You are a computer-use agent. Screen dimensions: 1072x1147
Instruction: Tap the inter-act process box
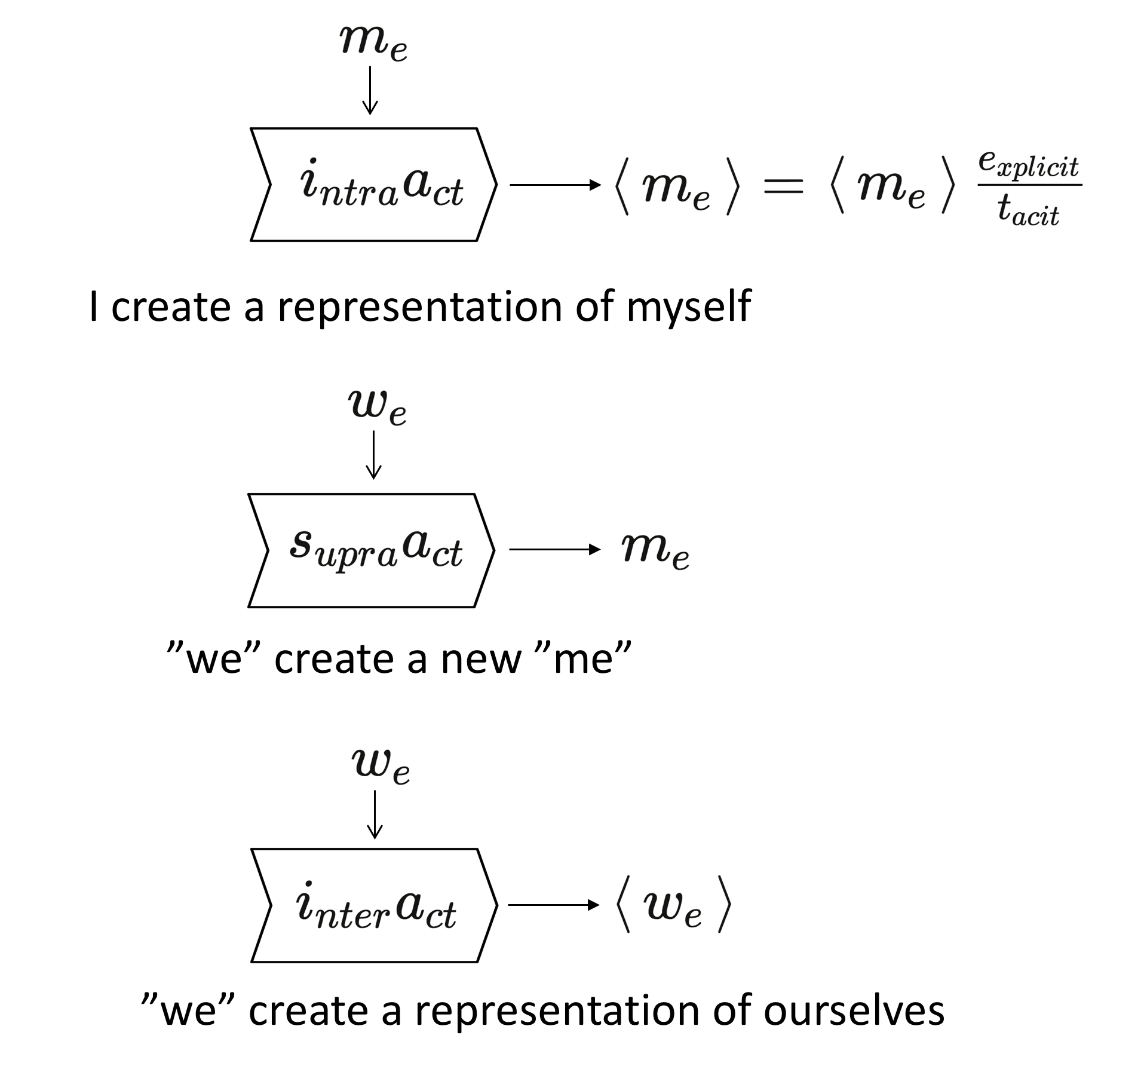coord(374,905)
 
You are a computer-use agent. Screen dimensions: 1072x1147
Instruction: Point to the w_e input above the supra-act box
coord(377,408)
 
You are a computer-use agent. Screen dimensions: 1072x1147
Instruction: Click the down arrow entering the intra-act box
coord(370,90)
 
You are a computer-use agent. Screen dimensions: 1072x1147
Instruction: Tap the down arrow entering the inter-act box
coord(375,814)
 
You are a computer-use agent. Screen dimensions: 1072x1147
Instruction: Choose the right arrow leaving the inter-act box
coord(553,905)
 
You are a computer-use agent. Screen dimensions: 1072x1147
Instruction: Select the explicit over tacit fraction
coord(1029,188)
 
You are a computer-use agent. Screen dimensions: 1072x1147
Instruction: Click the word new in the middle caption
coord(481,659)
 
